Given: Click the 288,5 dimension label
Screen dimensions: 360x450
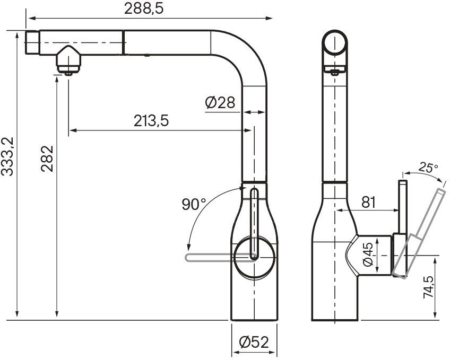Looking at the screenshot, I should pos(143,8).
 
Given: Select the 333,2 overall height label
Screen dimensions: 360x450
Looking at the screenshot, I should pos(7,156).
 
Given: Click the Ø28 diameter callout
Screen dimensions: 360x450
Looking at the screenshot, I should pos(220,102).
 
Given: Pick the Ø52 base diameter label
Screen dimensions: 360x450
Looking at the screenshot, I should pos(254,343).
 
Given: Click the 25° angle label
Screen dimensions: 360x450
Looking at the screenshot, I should pos(428,168).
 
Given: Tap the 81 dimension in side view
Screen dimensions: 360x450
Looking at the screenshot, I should pos(370,202).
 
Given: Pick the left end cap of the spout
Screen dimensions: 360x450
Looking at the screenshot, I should pos(32,42).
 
